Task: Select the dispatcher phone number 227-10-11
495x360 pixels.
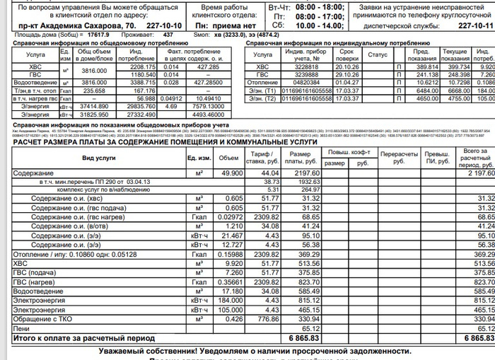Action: tap(474, 25)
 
